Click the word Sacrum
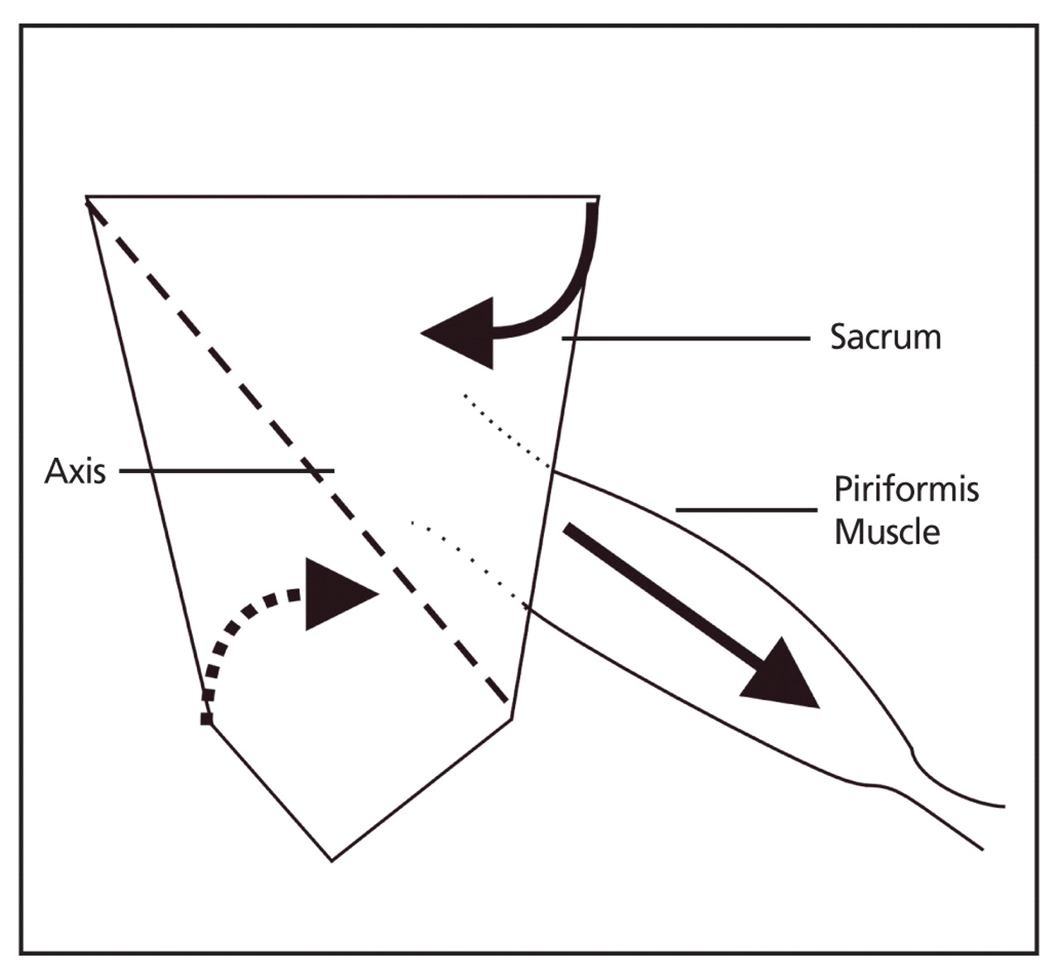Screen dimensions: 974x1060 [x=885, y=338]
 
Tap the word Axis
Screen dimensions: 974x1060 [x=75, y=471]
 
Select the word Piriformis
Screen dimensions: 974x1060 [x=906, y=489]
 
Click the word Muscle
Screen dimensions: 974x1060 [x=886, y=531]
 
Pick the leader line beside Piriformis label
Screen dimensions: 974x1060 [x=745, y=509]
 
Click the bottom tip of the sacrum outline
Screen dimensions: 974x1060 [x=331, y=860]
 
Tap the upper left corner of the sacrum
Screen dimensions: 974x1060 [x=88, y=197]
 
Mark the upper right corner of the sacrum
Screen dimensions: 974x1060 [x=598, y=197]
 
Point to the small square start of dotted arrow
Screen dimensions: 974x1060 [x=206, y=719]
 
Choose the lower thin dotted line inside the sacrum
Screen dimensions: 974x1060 [x=468, y=562]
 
